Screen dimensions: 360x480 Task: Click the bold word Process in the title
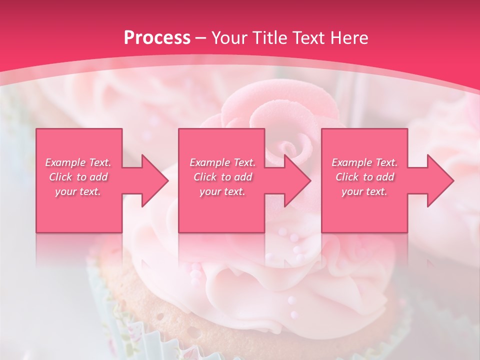click(157, 38)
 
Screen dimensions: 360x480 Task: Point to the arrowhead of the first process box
click(155, 180)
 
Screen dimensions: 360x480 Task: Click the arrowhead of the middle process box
click(297, 180)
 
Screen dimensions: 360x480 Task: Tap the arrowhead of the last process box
click(440, 180)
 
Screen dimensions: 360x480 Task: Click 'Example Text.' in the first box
click(78, 162)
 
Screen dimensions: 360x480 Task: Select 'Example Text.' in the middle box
click(222, 162)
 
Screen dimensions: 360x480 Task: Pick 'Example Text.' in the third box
click(364, 162)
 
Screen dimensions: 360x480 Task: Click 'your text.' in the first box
click(78, 191)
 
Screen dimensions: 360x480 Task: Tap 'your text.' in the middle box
click(222, 191)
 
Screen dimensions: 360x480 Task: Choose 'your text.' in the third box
click(364, 191)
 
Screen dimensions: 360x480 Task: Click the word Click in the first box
click(60, 177)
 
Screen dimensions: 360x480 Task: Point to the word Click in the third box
click(347, 177)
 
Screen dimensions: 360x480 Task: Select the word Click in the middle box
click(205, 177)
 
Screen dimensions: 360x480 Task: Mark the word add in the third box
click(385, 177)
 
